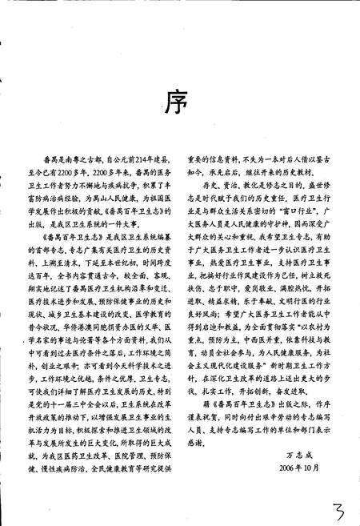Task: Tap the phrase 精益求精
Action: pyautogui.click(x=221, y=294)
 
